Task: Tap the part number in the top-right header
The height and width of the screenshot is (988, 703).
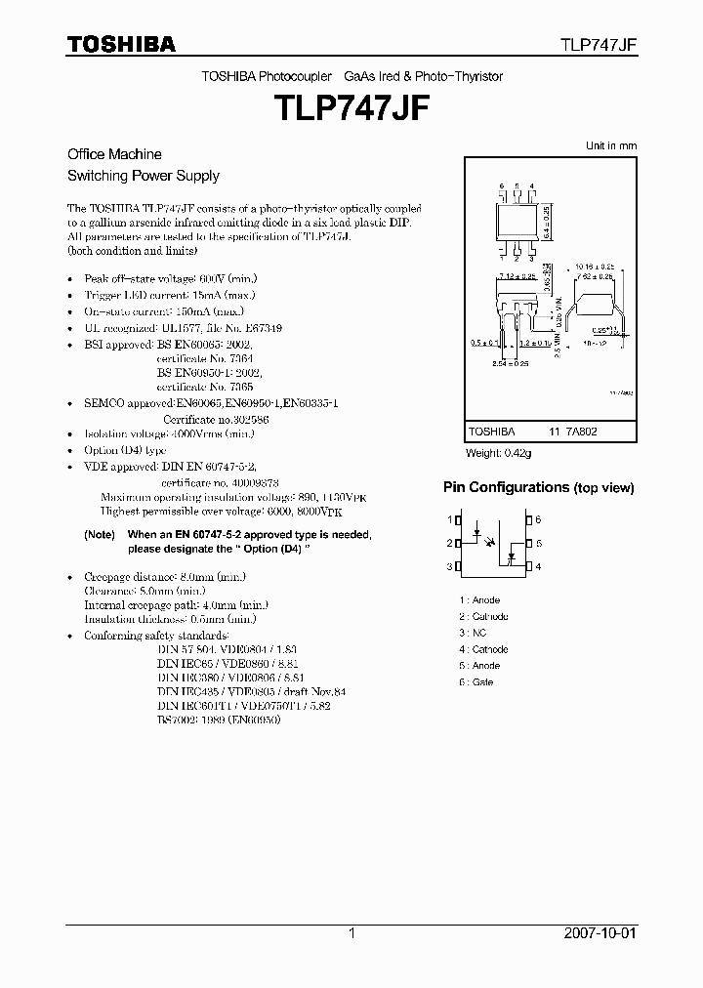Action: pos(598,45)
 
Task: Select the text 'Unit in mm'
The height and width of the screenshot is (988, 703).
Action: pos(610,145)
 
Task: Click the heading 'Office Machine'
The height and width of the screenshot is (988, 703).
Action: pos(114,154)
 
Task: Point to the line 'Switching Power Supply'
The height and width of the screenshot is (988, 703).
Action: pos(143,176)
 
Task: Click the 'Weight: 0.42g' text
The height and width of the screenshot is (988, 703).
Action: pos(500,453)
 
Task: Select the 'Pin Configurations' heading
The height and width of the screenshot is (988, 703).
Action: pos(506,487)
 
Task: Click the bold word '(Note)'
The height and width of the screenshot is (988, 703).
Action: pos(100,535)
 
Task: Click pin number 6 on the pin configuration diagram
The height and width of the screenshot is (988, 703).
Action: pos(538,520)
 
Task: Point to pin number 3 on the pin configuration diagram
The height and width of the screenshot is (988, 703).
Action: pos(452,566)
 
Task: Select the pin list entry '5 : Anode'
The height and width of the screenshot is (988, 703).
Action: pos(479,666)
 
